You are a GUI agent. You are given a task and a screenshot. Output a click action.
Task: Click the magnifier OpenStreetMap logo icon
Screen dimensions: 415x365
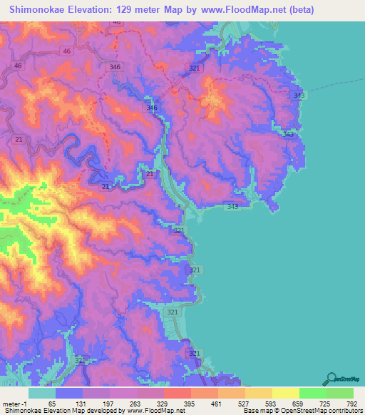point(332,377)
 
